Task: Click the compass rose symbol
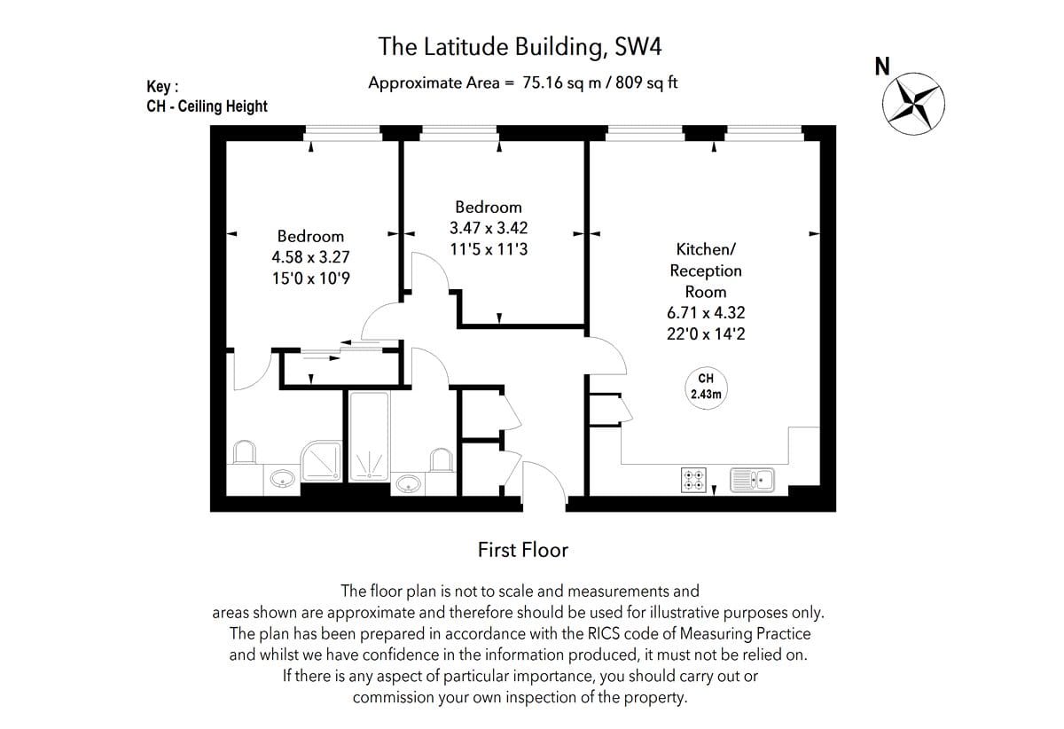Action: [913, 104]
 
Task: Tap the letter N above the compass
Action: [882, 67]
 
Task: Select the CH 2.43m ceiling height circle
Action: [706, 388]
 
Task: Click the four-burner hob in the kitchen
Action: [693, 480]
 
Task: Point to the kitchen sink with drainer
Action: [752, 480]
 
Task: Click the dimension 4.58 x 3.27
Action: [310, 257]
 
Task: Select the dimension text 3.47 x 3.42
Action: [489, 228]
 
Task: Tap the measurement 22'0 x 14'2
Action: [706, 334]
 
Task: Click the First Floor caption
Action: [522, 550]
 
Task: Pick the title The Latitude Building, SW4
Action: [520, 47]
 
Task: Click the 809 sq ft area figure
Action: [646, 82]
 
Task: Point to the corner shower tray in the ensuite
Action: [322, 460]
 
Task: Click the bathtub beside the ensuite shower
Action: [369, 436]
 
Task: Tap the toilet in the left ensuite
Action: [245, 452]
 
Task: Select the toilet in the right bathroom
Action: [442, 460]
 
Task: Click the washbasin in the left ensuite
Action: [282, 478]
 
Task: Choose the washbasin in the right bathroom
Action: [408, 484]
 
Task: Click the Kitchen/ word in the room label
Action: [706, 249]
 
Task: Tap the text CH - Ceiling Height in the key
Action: [207, 106]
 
